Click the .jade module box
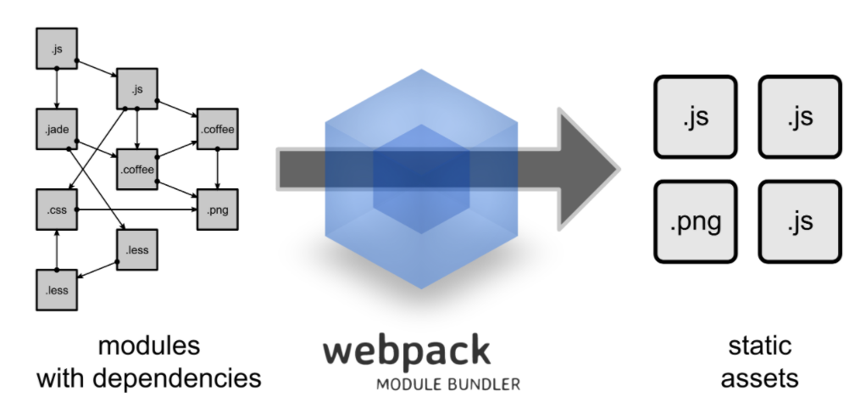(57, 130)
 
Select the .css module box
(57, 210)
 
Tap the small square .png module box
(218, 210)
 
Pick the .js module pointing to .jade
(57, 48)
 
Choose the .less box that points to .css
(57, 290)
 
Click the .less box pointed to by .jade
(137, 250)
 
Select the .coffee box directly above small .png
(218, 130)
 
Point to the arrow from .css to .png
(137, 210)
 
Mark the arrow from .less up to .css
(57, 250)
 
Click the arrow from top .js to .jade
(57, 88)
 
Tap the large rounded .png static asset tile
(696, 221)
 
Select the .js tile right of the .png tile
(800, 221)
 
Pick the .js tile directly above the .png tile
(696, 117)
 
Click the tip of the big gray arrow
(619, 170)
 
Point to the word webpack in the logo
(407, 352)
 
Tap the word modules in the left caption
(149, 346)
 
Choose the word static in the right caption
(760, 346)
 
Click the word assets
(760, 379)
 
